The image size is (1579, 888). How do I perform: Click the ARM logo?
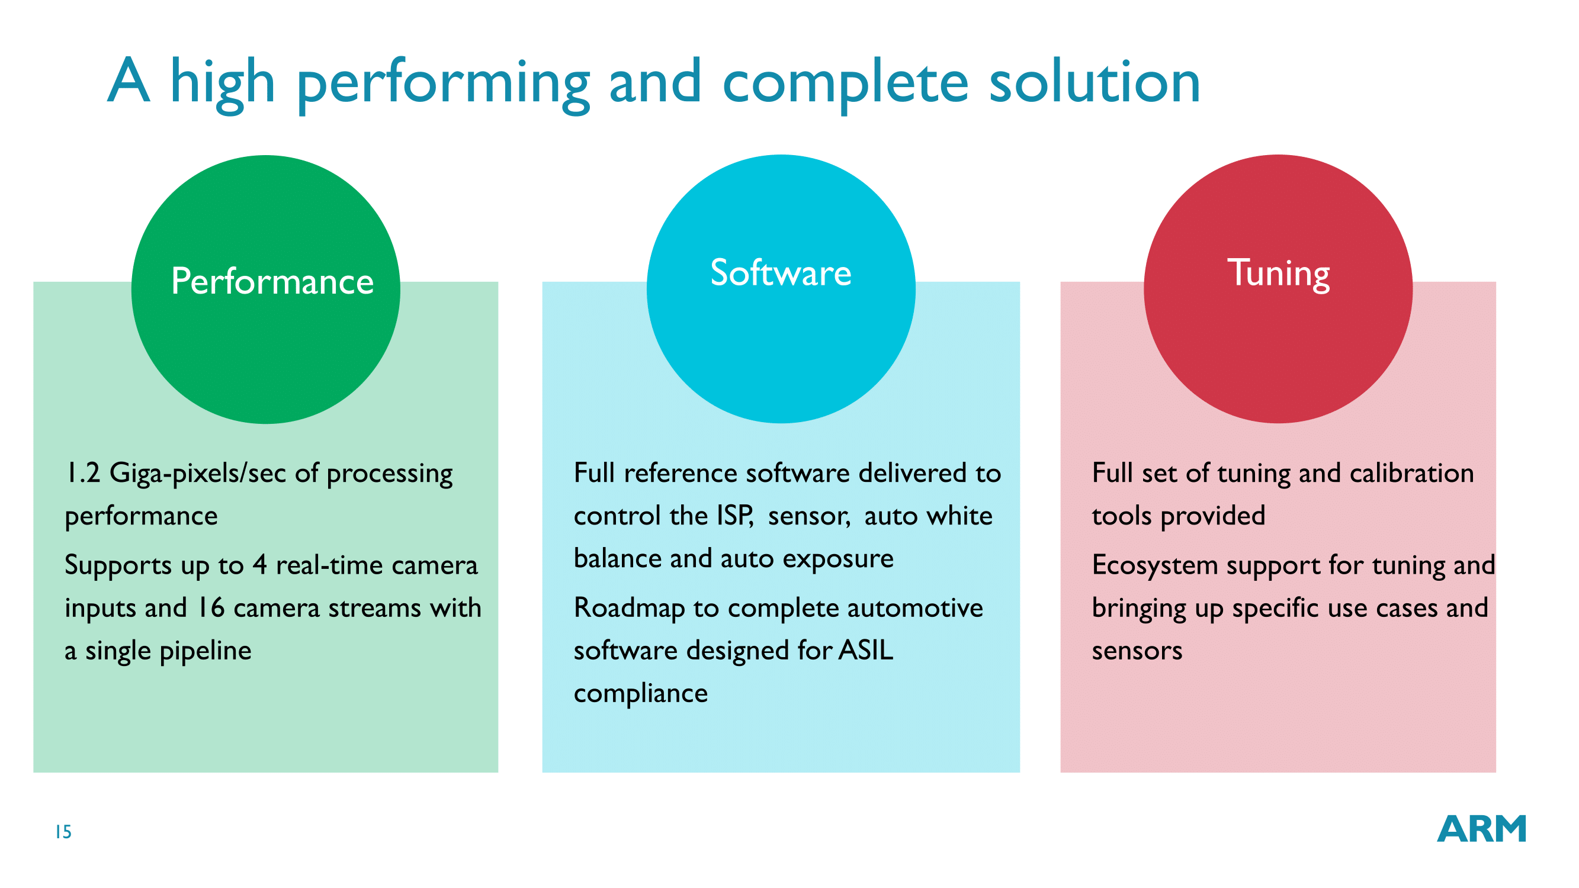[x=1481, y=829]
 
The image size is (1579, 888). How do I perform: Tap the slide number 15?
[x=64, y=832]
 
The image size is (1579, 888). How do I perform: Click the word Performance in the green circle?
[x=272, y=282]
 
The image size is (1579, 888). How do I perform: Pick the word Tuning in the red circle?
[x=1278, y=275]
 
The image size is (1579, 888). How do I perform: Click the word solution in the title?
[x=1095, y=82]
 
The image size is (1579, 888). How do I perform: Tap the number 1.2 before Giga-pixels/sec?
[x=83, y=473]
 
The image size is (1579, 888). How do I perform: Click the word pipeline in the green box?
[x=206, y=651]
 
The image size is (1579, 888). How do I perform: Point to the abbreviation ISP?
[x=734, y=516]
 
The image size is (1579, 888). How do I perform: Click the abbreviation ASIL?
[x=865, y=651]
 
